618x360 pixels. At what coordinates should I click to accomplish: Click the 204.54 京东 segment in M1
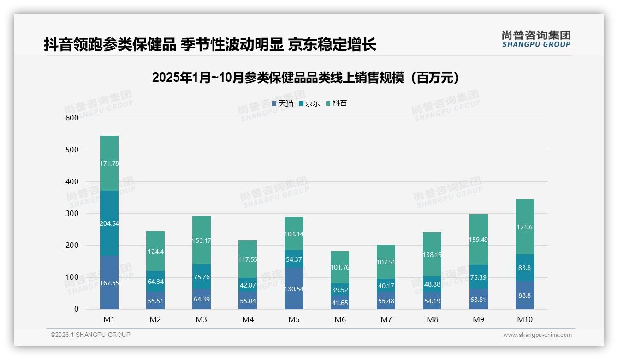pyautogui.click(x=109, y=223)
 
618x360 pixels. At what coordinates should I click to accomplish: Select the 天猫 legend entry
pyautogui.click(x=283, y=103)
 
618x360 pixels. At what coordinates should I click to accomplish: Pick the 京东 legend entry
pyautogui.click(x=309, y=103)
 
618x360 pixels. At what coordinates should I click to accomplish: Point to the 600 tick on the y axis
pyautogui.click(x=72, y=118)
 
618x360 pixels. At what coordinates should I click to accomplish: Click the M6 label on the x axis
pyautogui.click(x=340, y=319)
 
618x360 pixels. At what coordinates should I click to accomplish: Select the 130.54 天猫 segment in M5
pyautogui.click(x=294, y=288)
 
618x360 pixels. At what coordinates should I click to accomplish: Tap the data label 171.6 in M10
pyautogui.click(x=525, y=228)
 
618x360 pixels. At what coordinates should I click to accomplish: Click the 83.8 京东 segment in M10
pyautogui.click(x=525, y=268)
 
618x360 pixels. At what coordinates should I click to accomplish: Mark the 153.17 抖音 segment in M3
pyautogui.click(x=202, y=240)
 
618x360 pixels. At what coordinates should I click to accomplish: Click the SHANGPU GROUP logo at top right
pyautogui.click(x=536, y=39)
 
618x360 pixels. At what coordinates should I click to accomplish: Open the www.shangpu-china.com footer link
pyautogui.click(x=537, y=335)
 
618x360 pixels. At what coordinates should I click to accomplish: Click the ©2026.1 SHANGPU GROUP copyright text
pyautogui.click(x=90, y=335)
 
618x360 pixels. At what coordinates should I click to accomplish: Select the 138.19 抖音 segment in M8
pyautogui.click(x=432, y=254)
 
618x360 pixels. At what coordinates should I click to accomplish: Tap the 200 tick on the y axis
pyautogui.click(x=72, y=245)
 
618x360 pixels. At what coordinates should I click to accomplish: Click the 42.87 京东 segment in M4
pyautogui.click(x=248, y=285)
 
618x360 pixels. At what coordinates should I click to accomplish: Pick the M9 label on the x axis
pyautogui.click(x=478, y=319)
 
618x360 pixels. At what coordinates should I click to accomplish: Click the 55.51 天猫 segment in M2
pyautogui.click(x=155, y=300)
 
